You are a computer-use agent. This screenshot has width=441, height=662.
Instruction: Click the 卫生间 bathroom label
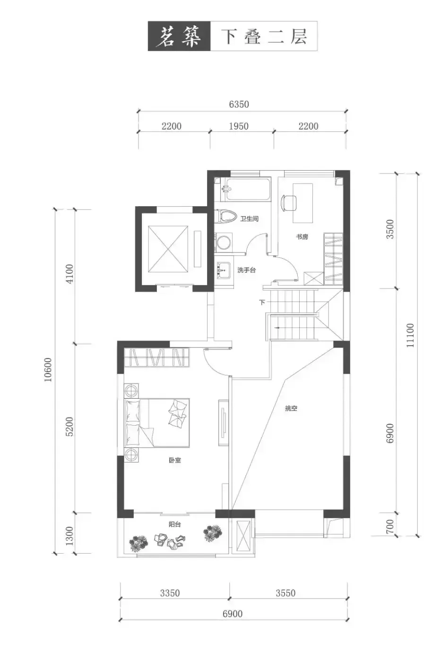coord(249,218)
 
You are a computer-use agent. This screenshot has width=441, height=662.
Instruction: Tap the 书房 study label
coord(302,236)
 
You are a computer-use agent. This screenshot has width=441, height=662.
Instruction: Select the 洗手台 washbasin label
coord(246,270)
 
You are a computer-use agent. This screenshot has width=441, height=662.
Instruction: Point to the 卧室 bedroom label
coord(175,460)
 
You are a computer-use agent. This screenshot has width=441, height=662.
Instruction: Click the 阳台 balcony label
coord(174,524)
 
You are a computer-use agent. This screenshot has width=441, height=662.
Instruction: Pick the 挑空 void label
coord(291,408)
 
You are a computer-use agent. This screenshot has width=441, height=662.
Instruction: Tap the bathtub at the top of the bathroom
coord(248,189)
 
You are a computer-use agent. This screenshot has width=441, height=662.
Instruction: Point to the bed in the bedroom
coord(156,423)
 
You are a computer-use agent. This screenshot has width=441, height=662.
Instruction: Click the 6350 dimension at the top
coord(239,105)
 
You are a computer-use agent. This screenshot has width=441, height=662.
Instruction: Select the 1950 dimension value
coord(239,126)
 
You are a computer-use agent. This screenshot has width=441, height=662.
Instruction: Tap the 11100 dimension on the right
coord(411,335)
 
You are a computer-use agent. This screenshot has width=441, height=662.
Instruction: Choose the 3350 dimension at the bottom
coord(170,593)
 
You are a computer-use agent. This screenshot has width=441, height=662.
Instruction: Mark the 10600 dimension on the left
coord(48,370)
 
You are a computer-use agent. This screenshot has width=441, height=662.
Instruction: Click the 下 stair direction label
coord(262,302)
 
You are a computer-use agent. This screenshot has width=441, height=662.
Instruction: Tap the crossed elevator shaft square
coord(168,249)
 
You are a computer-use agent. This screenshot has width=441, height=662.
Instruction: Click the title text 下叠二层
coord(265,37)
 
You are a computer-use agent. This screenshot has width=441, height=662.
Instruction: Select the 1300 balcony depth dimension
coord(69,536)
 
